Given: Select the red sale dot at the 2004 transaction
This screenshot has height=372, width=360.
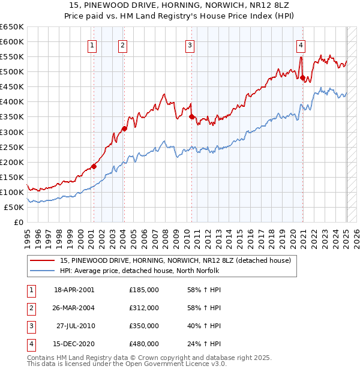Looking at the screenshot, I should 124,128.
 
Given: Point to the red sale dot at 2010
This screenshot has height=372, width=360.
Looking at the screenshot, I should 191,116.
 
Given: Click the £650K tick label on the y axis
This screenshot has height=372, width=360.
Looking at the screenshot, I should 11,27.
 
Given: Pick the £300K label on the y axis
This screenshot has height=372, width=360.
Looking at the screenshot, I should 11,132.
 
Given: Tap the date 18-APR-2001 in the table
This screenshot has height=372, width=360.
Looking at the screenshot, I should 74,290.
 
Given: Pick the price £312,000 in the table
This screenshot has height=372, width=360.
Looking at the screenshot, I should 144,308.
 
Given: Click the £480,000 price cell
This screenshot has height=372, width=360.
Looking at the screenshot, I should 144,344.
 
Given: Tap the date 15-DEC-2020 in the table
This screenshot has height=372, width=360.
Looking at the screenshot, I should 74,344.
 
